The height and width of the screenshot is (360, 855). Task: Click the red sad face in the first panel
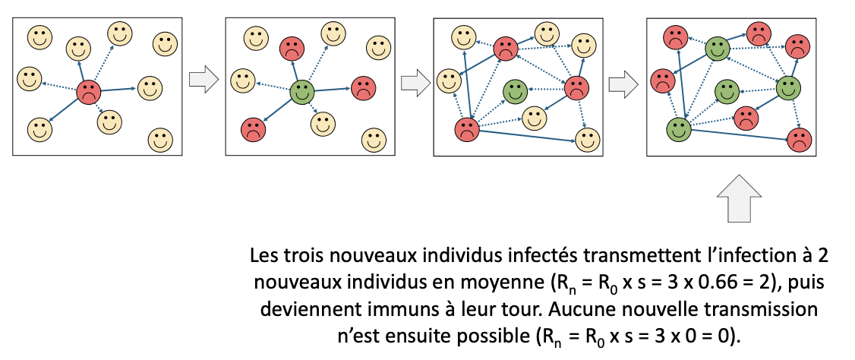89,93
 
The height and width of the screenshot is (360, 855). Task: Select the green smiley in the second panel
302,93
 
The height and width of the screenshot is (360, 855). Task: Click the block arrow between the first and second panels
201,81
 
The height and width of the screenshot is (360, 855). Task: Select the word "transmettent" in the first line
582,255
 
